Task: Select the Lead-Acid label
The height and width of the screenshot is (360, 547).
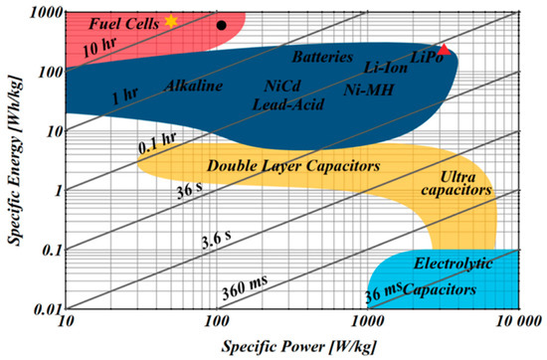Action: [285, 102]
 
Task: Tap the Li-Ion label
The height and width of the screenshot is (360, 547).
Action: [386, 68]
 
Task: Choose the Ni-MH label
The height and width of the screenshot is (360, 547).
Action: [366, 90]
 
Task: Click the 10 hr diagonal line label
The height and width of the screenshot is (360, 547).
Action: [104, 47]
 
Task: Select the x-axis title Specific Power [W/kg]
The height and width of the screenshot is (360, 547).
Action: [291, 347]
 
